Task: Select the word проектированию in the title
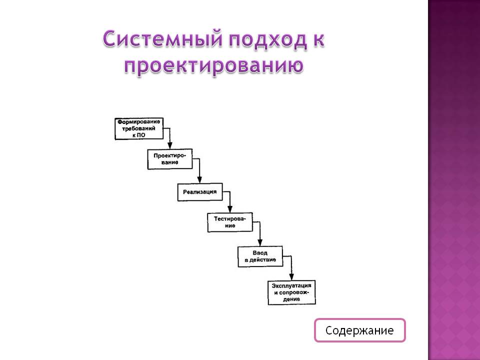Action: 213,65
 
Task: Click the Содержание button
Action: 359,330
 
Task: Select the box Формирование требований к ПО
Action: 139,128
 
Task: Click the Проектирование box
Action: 170,159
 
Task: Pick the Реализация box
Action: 200,192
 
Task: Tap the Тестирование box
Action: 230,222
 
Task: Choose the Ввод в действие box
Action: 260,256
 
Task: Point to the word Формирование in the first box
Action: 139,122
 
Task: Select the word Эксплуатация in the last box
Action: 292,285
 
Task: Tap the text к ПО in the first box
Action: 139,135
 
